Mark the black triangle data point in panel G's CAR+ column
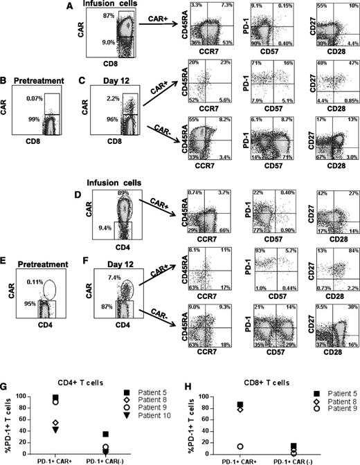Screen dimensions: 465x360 click(x=56, y=430)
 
